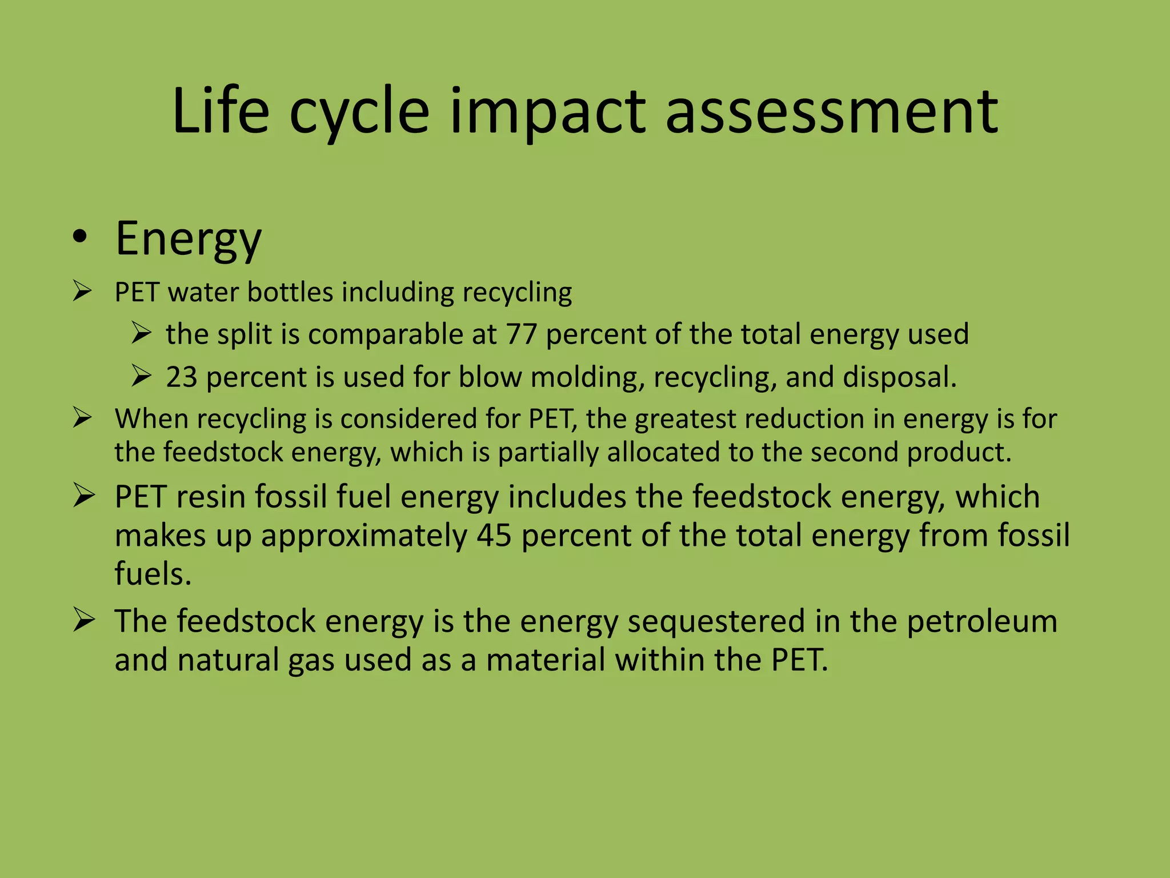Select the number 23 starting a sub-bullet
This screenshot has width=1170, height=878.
[182, 377]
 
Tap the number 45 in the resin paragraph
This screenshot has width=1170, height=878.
[494, 536]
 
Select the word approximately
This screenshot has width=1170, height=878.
[364, 537]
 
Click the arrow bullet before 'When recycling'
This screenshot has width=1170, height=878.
[83, 418]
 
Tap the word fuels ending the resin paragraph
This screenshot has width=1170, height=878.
[152, 573]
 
